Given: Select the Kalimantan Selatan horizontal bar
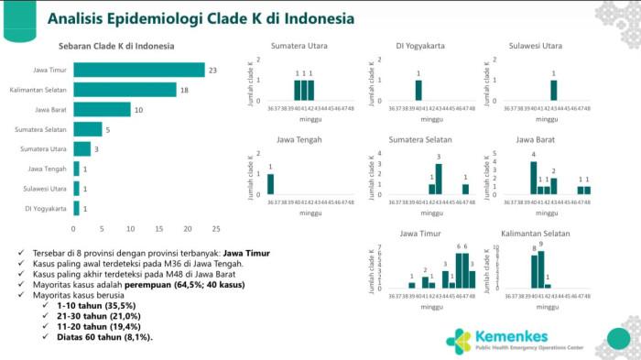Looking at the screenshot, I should click(125, 90).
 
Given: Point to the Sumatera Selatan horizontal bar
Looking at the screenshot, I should click(87, 129).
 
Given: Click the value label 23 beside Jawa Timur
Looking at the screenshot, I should click(212, 70).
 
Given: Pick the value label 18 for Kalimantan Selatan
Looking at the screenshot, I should click(183, 90).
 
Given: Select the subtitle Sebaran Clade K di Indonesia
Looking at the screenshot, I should click(116, 45).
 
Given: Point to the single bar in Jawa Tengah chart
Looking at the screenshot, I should click(270, 183).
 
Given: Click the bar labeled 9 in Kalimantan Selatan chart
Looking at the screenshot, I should click(541, 268).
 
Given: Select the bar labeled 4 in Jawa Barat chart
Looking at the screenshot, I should click(533, 178).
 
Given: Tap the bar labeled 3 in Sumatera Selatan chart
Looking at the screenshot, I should click(439, 179).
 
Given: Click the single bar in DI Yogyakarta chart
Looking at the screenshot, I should click(418, 90).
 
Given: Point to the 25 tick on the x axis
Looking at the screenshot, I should click(216, 228).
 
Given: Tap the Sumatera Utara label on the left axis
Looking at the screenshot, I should click(42, 149).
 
